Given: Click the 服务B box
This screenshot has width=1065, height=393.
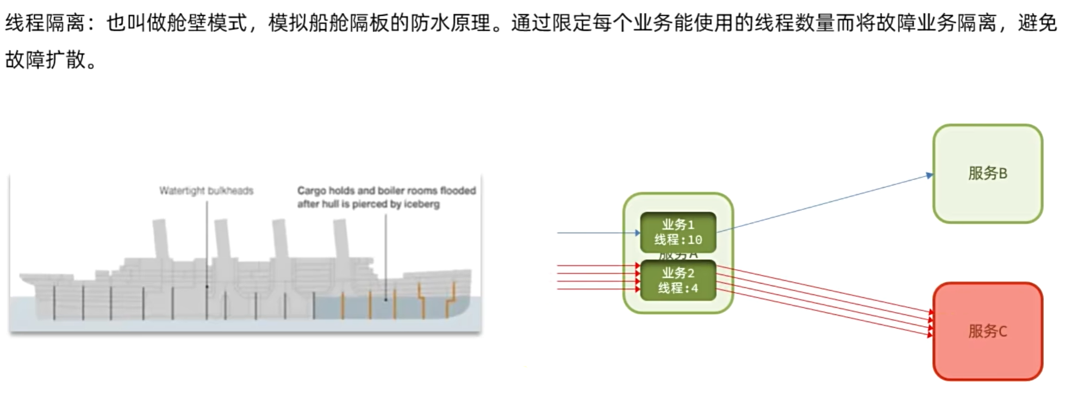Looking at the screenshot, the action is (987, 174).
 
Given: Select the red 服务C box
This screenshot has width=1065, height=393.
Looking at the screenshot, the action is (987, 331).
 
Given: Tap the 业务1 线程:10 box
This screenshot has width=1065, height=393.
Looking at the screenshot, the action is (678, 232).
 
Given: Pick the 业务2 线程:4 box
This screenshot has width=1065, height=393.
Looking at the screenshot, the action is (678, 280).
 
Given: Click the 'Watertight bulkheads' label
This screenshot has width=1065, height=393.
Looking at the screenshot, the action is (206, 191).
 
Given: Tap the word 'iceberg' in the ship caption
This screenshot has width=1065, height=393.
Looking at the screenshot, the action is (421, 204).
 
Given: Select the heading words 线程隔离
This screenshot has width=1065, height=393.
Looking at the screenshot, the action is (45, 23).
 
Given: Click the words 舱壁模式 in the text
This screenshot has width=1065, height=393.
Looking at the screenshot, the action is (207, 23).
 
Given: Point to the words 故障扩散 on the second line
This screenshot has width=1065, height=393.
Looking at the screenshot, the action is (45, 60).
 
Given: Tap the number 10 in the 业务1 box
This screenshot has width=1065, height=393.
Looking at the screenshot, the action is (695, 240).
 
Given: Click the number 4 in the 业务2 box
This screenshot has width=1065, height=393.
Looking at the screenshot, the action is (694, 288).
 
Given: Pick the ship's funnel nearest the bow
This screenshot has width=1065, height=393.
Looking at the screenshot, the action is (341, 239).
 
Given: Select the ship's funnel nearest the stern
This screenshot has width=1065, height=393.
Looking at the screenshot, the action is (159, 239).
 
